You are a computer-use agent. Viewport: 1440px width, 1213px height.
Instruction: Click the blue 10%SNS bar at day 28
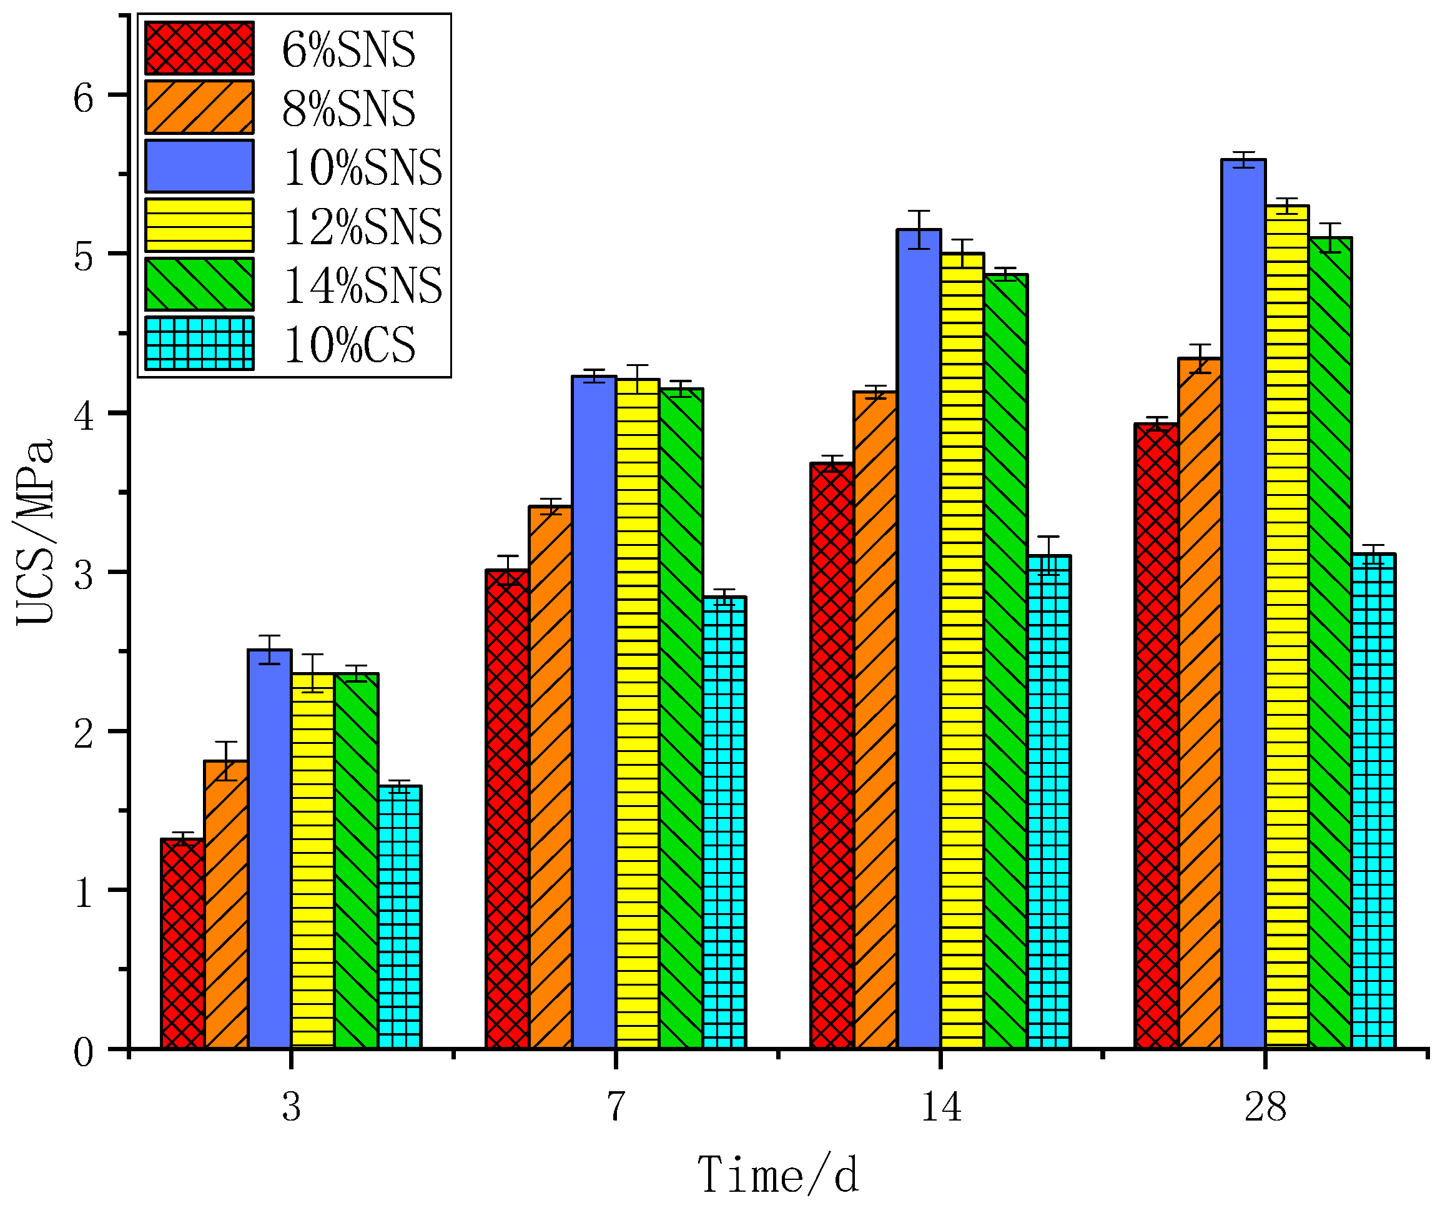click(x=1243, y=605)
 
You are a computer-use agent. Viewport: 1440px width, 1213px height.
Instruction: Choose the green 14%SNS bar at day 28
click(x=1330, y=643)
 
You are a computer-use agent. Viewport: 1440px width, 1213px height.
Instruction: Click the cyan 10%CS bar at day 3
click(x=400, y=918)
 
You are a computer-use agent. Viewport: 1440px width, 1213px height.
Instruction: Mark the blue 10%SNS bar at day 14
click(x=919, y=640)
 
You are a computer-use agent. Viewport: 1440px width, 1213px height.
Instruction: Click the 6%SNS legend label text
click(x=348, y=49)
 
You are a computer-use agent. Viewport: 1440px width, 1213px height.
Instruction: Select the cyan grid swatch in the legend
click(x=199, y=343)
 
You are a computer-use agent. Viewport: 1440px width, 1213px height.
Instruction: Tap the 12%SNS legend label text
click(x=362, y=226)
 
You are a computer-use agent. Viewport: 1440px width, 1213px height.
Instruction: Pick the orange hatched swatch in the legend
click(x=199, y=107)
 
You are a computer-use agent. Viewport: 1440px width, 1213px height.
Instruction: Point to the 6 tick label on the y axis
click(x=83, y=97)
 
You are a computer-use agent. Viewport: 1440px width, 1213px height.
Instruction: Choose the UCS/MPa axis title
click(x=34, y=532)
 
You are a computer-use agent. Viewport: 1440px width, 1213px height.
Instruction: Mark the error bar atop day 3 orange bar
click(x=226, y=761)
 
